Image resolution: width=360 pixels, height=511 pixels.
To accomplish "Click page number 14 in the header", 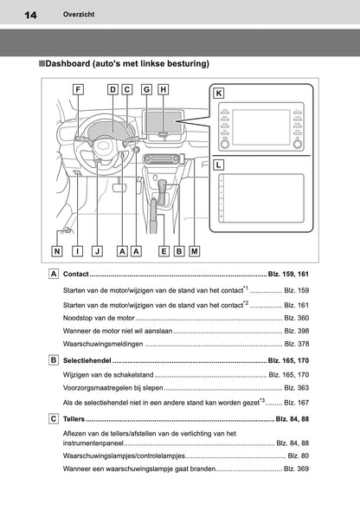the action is (30, 15).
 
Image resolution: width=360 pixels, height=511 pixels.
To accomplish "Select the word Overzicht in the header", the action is (79, 15).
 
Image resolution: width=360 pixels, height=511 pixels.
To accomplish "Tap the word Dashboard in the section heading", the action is (67, 63).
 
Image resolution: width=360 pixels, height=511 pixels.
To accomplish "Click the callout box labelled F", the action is (78, 89).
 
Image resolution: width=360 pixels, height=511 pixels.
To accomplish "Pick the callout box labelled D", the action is (112, 89).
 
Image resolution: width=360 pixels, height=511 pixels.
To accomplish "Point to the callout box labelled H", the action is (163, 89).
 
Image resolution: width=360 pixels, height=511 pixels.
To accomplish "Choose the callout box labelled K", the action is (219, 94).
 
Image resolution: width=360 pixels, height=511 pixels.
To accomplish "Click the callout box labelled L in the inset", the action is (218, 165).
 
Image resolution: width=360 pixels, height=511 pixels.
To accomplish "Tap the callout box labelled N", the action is (57, 251).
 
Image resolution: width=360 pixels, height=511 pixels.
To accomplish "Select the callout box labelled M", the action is (195, 251).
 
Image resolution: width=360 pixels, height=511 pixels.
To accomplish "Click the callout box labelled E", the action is (164, 251).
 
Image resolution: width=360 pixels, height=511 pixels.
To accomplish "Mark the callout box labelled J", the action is (97, 251).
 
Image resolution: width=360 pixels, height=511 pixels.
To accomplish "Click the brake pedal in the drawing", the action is (119, 187).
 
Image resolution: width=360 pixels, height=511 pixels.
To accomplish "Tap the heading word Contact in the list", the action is (76, 274).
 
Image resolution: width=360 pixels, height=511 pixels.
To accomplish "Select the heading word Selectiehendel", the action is (87, 360).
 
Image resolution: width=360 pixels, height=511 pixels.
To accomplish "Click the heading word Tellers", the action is (74, 419).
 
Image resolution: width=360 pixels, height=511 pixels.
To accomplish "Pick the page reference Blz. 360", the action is (297, 318).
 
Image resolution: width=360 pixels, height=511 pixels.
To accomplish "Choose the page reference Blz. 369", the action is (297, 469).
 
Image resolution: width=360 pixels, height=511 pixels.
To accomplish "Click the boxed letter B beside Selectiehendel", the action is (54, 360).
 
